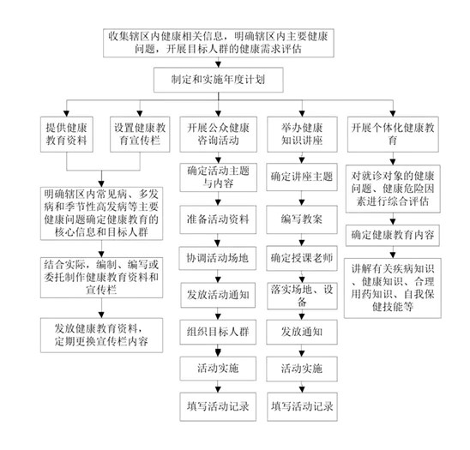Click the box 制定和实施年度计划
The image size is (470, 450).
tap(218, 80)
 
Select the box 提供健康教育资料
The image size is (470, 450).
tap(67, 135)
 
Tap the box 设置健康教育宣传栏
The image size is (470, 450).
tap(140, 135)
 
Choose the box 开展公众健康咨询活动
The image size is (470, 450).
tap(218, 135)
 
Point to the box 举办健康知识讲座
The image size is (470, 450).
tap(302, 135)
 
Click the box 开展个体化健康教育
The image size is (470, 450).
tap(393, 135)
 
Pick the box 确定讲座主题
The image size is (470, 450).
tap(302, 177)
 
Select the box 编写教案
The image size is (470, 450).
tap(302, 219)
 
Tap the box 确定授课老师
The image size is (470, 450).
tap(302, 258)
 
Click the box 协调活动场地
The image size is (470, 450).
tap(218, 258)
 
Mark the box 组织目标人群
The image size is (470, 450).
tap(218, 332)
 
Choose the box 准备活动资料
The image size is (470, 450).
tap(218, 219)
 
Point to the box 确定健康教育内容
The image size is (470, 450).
tap(393, 235)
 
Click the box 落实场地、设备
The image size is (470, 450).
tap(302, 296)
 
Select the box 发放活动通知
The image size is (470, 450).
tap(218, 296)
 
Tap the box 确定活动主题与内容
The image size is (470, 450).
tap(218, 177)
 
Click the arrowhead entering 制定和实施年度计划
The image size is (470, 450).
tap(218, 64)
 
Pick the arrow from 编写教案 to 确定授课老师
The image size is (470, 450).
tap(302, 240)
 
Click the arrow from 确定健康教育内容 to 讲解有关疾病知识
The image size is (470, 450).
tap(393, 252)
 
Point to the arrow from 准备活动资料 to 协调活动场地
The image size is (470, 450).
tap(218, 240)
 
